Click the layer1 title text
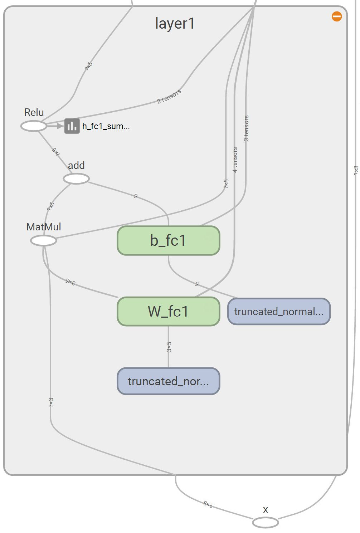(x=175, y=24)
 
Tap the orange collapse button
(x=337, y=16)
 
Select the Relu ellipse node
(x=34, y=126)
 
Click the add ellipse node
(x=76, y=179)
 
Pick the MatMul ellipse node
(x=44, y=240)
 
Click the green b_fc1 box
(x=168, y=240)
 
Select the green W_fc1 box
(x=168, y=311)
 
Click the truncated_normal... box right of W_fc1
(x=279, y=312)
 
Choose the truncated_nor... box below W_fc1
(x=168, y=381)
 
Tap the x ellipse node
(x=265, y=523)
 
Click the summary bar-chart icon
(x=72, y=126)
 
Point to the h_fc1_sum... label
(x=106, y=126)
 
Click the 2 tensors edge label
(x=169, y=96)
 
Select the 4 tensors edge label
(x=235, y=160)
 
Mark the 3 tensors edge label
(x=246, y=128)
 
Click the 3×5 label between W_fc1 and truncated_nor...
(x=169, y=347)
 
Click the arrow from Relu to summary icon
(x=55, y=126)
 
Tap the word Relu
(x=34, y=112)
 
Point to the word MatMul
(x=44, y=227)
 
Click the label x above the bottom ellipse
(x=266, y=510)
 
